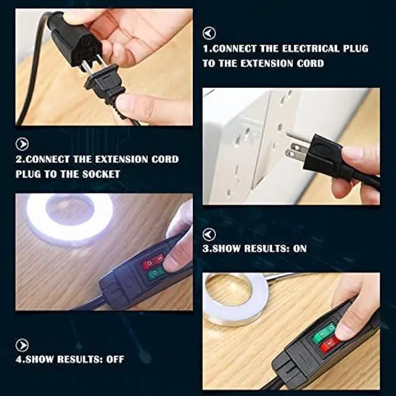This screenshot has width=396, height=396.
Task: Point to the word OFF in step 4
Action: [114, 359]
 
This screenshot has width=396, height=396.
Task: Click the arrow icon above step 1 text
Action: [209, 33]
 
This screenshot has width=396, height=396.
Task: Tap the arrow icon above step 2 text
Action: [22, 144]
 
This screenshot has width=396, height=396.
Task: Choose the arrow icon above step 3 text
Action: [209, 234]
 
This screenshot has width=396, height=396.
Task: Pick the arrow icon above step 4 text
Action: [22, 345]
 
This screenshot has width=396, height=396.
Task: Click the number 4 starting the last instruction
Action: [19, 359]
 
